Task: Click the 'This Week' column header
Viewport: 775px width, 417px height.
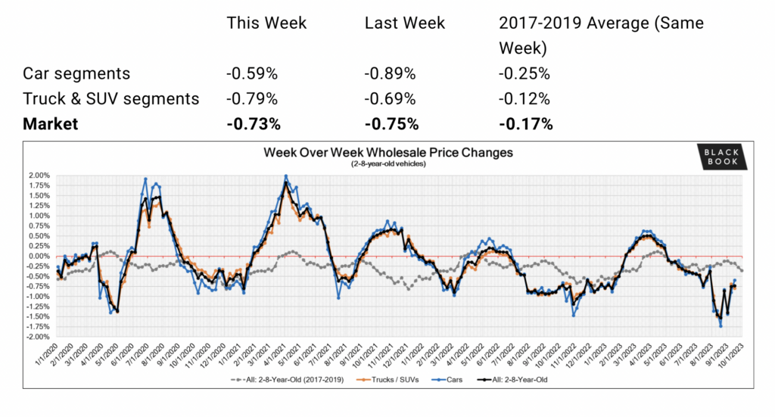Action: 266,23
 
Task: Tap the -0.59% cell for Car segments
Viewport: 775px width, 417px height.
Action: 252,73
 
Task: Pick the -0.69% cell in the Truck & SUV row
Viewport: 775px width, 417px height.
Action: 390,98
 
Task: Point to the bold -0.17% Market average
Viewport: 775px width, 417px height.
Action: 524,124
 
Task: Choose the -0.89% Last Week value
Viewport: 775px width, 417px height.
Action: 390,73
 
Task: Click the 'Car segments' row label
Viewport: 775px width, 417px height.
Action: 76,73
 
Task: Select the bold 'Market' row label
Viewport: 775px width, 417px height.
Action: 50,124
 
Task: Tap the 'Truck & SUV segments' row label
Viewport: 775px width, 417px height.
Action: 111,98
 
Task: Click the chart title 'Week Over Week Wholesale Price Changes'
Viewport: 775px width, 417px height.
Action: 387,152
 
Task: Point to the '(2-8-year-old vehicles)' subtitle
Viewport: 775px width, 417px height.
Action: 387,164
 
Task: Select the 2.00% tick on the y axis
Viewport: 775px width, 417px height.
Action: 39,176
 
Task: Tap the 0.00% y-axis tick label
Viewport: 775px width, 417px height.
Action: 39,256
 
